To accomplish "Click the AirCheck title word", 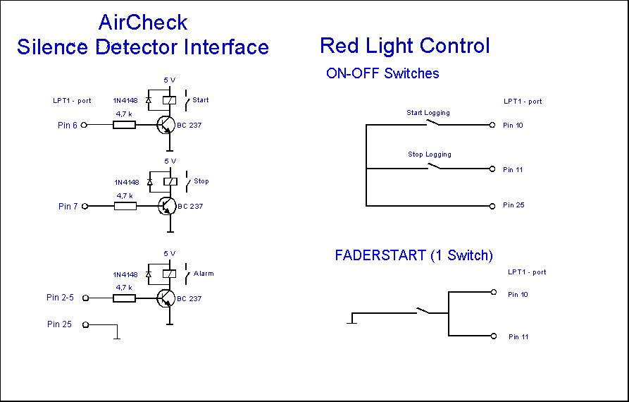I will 143,23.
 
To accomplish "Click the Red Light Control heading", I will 404,46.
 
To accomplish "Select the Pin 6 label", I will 68,126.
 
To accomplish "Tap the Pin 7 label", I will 68,207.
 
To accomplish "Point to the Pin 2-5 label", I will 60,298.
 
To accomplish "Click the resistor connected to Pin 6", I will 125,126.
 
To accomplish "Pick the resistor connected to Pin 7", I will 125,207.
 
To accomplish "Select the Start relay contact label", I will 200,100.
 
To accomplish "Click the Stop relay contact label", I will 201,181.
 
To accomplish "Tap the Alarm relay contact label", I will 203,274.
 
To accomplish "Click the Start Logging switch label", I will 428,113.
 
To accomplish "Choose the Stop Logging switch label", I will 429,154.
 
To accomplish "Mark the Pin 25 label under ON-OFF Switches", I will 513,205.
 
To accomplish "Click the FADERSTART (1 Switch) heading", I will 413,255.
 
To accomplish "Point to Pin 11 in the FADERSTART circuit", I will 518,337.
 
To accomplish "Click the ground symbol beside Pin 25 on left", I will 117,337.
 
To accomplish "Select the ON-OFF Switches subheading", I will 382,73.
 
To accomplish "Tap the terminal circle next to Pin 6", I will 85,126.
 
